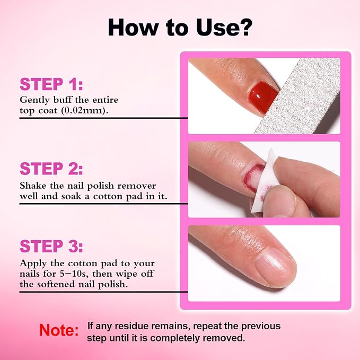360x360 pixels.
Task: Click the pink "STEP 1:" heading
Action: pyautogui.click(x=51, y=84)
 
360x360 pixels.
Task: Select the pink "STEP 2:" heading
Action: pyautogui.click(x=51, y=169)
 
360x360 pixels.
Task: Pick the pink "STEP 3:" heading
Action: pyautogui.click(x=51, y=247)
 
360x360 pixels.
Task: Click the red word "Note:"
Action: pyautogui.click(x=59, y=330)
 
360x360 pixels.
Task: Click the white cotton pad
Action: pyautogui.click(x=264, y=181)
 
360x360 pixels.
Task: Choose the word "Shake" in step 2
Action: pyautogui.click(x=33, y=186)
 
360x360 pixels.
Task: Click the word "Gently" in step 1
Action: pyautogui.click(x=34, y=100)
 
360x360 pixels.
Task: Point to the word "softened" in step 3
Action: pyautogui.click(x=56, y=285)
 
